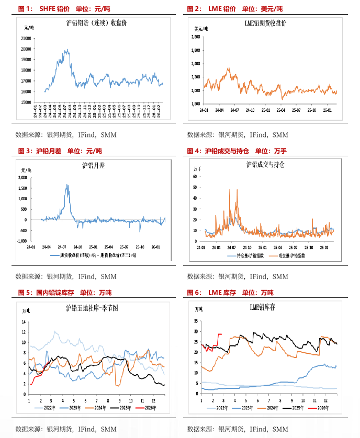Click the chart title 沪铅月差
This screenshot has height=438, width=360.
(x=94, y=166)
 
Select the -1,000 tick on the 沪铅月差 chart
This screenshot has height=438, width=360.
(x=21, y=241)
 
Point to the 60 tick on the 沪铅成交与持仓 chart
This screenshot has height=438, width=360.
(x=195, y=176)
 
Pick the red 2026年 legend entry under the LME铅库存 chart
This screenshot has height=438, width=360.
(x=320, y=406)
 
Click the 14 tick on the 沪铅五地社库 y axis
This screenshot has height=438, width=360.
(x=24, y=321)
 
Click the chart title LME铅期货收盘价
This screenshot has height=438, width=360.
(x=265, y=24)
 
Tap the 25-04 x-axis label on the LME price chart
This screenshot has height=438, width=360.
(x=280, y=111)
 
